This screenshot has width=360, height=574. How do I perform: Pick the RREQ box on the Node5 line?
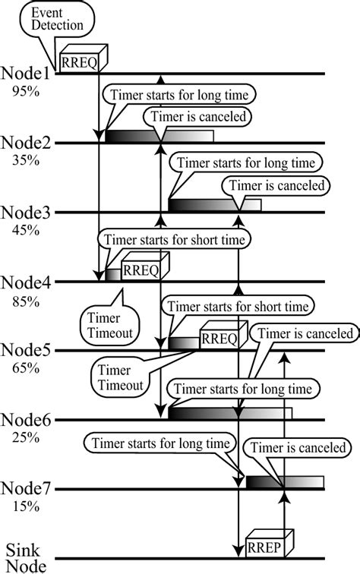221,337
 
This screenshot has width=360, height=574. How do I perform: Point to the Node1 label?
28,74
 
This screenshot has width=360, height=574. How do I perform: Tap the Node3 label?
28,213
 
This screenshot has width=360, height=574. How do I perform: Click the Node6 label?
28,420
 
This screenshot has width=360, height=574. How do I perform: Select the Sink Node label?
27,557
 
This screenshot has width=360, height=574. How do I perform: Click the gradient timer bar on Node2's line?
159,136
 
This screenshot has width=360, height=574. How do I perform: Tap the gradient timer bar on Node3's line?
214,205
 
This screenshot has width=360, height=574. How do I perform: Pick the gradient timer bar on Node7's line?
284,482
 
